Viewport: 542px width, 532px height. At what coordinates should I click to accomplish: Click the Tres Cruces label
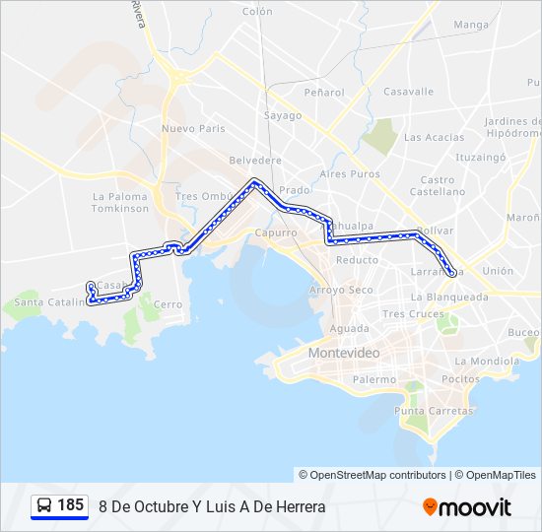pos(406,314)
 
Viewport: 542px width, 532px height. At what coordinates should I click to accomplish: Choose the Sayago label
pos(282,115)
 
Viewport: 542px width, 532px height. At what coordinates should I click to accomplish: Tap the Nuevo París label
pos(193,128)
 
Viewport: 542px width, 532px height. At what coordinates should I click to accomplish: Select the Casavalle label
pos(408,92)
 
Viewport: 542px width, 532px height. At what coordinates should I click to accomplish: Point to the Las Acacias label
pos(434,137)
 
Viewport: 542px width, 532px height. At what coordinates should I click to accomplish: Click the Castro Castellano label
pos(438,186)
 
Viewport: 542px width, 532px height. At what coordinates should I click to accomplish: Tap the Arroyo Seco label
pos(341,290)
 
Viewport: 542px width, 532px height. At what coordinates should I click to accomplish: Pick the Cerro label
pos(168,304)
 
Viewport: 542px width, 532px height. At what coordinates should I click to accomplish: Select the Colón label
pos(256,12)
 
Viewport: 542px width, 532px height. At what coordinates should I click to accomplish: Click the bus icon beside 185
pos(44,505)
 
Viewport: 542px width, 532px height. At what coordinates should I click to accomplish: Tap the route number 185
pos(71,505)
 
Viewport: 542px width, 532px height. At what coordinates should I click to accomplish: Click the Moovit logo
pos(467,507)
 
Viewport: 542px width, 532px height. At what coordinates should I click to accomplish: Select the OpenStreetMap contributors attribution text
pos(373,475)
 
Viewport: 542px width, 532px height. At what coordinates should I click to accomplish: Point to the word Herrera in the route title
pos(297,506)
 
